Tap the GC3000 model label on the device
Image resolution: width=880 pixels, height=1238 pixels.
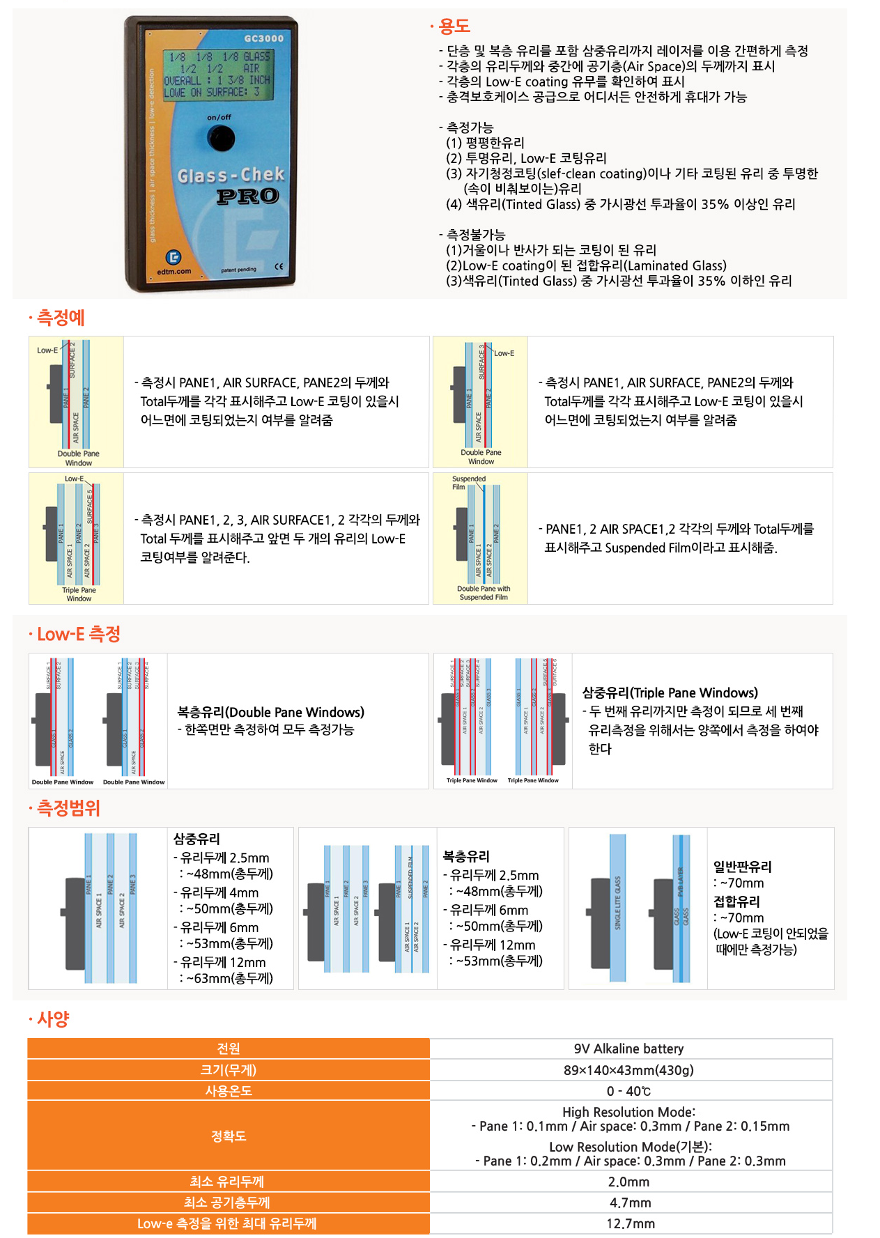tap(263, 38)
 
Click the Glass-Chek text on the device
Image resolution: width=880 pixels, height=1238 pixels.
tap(231, 175)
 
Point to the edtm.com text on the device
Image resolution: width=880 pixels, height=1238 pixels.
tap(173, 272)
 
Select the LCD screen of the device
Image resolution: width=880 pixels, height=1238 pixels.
tap(217, 74)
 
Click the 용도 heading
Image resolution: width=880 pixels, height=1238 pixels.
tap(454, 26)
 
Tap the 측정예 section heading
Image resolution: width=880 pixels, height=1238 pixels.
tap(60, 318)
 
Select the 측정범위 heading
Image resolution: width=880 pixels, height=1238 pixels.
tap(68, 808)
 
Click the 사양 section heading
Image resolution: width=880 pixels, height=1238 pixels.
tap(53, 1019)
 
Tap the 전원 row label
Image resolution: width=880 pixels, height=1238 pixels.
tap(229, 1049)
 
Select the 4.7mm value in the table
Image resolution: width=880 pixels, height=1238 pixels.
tap(630, 1202)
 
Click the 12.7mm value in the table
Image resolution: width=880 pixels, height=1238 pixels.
tap(630, 1223)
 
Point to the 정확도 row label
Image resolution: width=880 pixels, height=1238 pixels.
tap(229, 1136)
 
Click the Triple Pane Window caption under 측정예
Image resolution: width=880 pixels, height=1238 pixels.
tap(79, 594)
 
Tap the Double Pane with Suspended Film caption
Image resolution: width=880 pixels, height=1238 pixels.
tap(484, 593)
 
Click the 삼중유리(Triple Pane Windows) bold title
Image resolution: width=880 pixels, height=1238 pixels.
tap(670, 692)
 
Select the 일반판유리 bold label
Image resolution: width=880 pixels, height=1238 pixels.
tap(742, 867)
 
